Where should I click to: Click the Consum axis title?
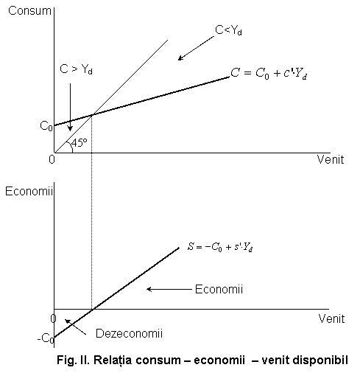click(x=29, y=11)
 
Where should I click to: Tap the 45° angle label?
click(x=80, y=142)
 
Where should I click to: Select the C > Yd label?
click(x=76, y=69)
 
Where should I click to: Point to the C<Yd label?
click(x=228, y=30)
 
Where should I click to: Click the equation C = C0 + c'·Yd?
click(x=269, y=74)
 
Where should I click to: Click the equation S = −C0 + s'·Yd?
click(x=220, y=247)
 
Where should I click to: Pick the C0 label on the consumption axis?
click(x=46, y=126)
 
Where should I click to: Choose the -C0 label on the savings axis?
click(x=46, y=338)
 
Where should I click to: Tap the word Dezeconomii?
click(x=129, y=333)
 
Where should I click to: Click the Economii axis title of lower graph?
click(x=29, y=191)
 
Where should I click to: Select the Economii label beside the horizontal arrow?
click(x=219, y=289)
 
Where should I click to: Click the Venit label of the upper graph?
click(x=331, y=159)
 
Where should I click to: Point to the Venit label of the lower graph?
click(x=331, y=318)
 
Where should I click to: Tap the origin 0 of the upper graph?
click(x=52, y=160)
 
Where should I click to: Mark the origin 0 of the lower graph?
click(x=53, y=318)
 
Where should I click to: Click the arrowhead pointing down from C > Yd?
click(x=70, y=129)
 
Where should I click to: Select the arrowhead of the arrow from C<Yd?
click(x=180, y=58)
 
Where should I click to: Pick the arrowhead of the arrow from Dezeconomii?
click(x=67, y=321)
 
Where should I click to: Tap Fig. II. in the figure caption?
click(x=74, y=360)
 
